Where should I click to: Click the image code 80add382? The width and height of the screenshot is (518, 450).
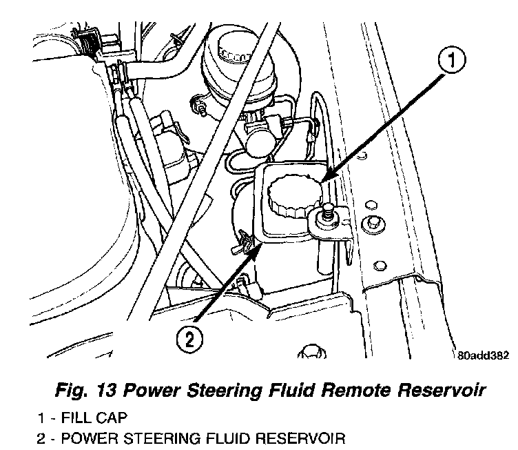pyautogui.click(x=482, y=356)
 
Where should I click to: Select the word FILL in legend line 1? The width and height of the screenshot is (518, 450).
pyautogui.click(x=79, y=418)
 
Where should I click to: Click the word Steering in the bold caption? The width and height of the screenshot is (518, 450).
pyautogui.click(x=210, y=391)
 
